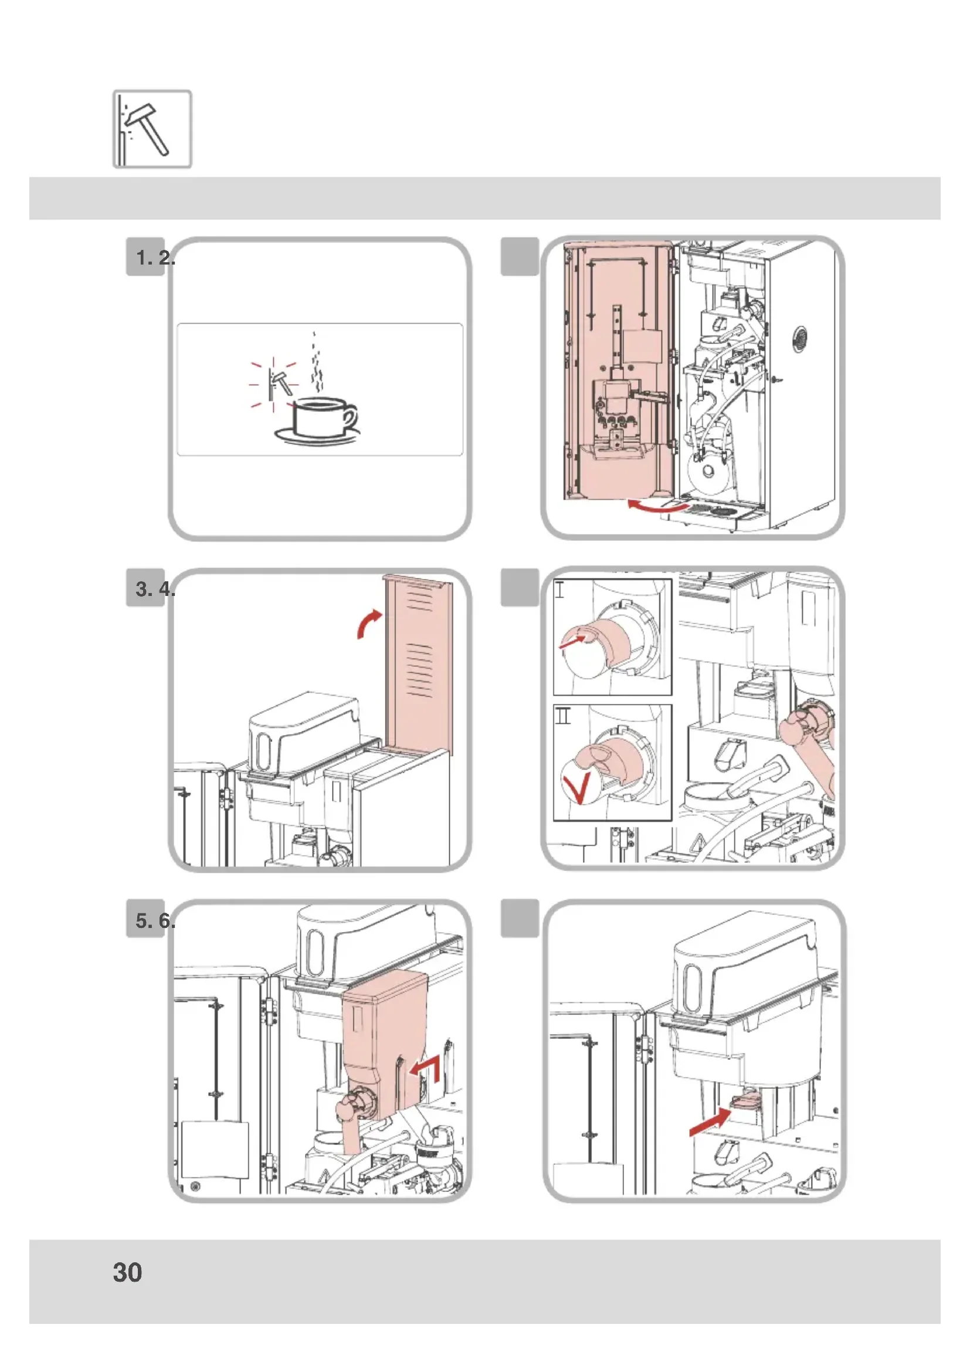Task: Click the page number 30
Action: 127,1272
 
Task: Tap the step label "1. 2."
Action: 154,258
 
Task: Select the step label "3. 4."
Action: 154,589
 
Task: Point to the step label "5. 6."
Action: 154,921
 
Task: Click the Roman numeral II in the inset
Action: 562,715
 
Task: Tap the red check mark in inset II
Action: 577,787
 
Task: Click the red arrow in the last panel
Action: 710,1122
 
